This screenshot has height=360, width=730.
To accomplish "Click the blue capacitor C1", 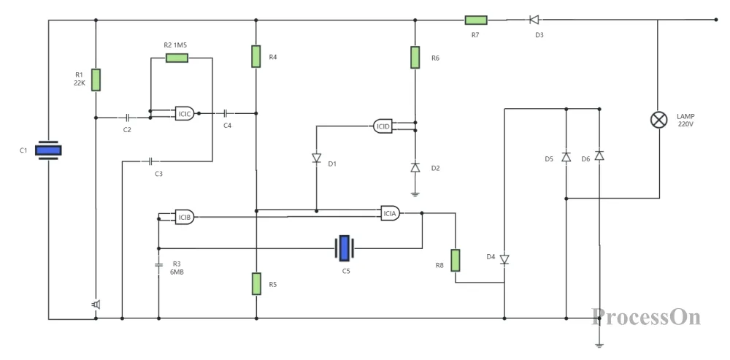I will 49,150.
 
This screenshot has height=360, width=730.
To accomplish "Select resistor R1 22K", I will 96,80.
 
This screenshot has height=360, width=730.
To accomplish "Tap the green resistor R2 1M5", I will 177,58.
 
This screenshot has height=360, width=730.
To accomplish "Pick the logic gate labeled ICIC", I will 185,114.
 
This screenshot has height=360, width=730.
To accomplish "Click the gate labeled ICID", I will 382,126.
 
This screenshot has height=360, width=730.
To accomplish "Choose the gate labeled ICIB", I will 184,217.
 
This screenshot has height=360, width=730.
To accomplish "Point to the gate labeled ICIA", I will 390,213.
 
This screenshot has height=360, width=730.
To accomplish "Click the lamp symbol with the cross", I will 659,120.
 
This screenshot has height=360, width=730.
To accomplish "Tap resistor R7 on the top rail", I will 476,20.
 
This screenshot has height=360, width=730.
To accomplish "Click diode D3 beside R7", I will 534,20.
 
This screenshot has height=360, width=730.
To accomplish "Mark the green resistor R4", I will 256,56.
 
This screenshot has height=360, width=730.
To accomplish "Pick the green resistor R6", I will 415,57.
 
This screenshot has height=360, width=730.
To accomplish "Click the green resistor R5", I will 256,283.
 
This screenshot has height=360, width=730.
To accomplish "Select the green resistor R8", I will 456,260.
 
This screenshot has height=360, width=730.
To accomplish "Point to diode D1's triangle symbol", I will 316,158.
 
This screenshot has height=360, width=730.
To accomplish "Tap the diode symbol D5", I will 565,157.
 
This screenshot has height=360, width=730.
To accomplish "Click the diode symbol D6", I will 599,156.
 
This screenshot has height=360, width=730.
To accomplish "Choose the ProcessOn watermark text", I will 646,317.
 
